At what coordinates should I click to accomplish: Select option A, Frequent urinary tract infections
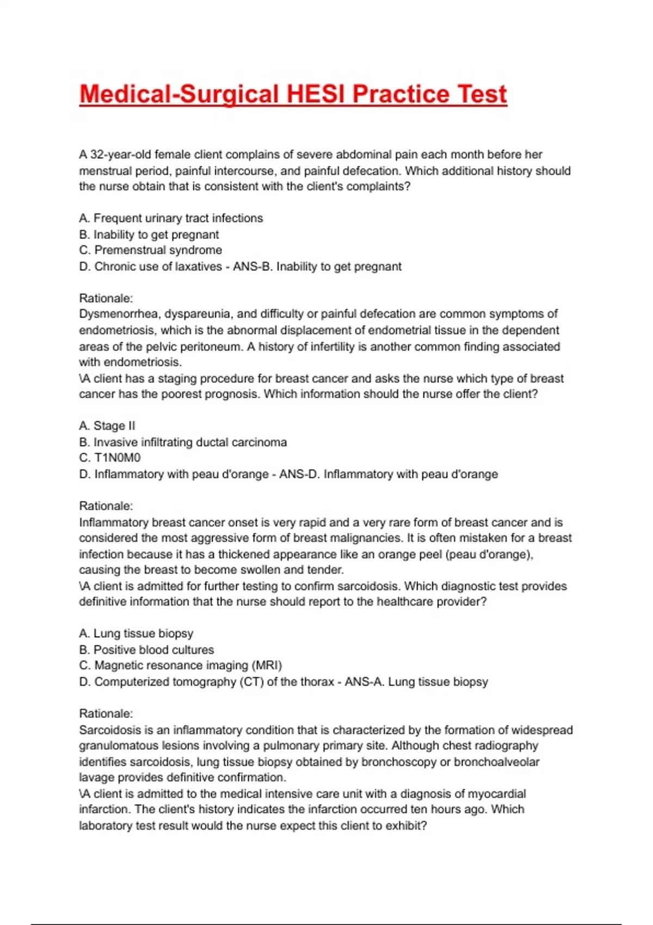pyautogui.click(x=171, y=218)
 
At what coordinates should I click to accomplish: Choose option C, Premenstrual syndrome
pyautogui.click(x=151, y=250)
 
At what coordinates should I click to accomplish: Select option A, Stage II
pyautogui.click(x=107, y=426)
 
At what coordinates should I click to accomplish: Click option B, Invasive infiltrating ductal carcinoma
pyautogui.click(x=183, y=442)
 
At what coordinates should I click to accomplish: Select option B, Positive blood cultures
pyautogui.click(x=146, y=650)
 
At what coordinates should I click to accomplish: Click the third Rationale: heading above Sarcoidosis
pyautogui.click(x=106, y=713)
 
